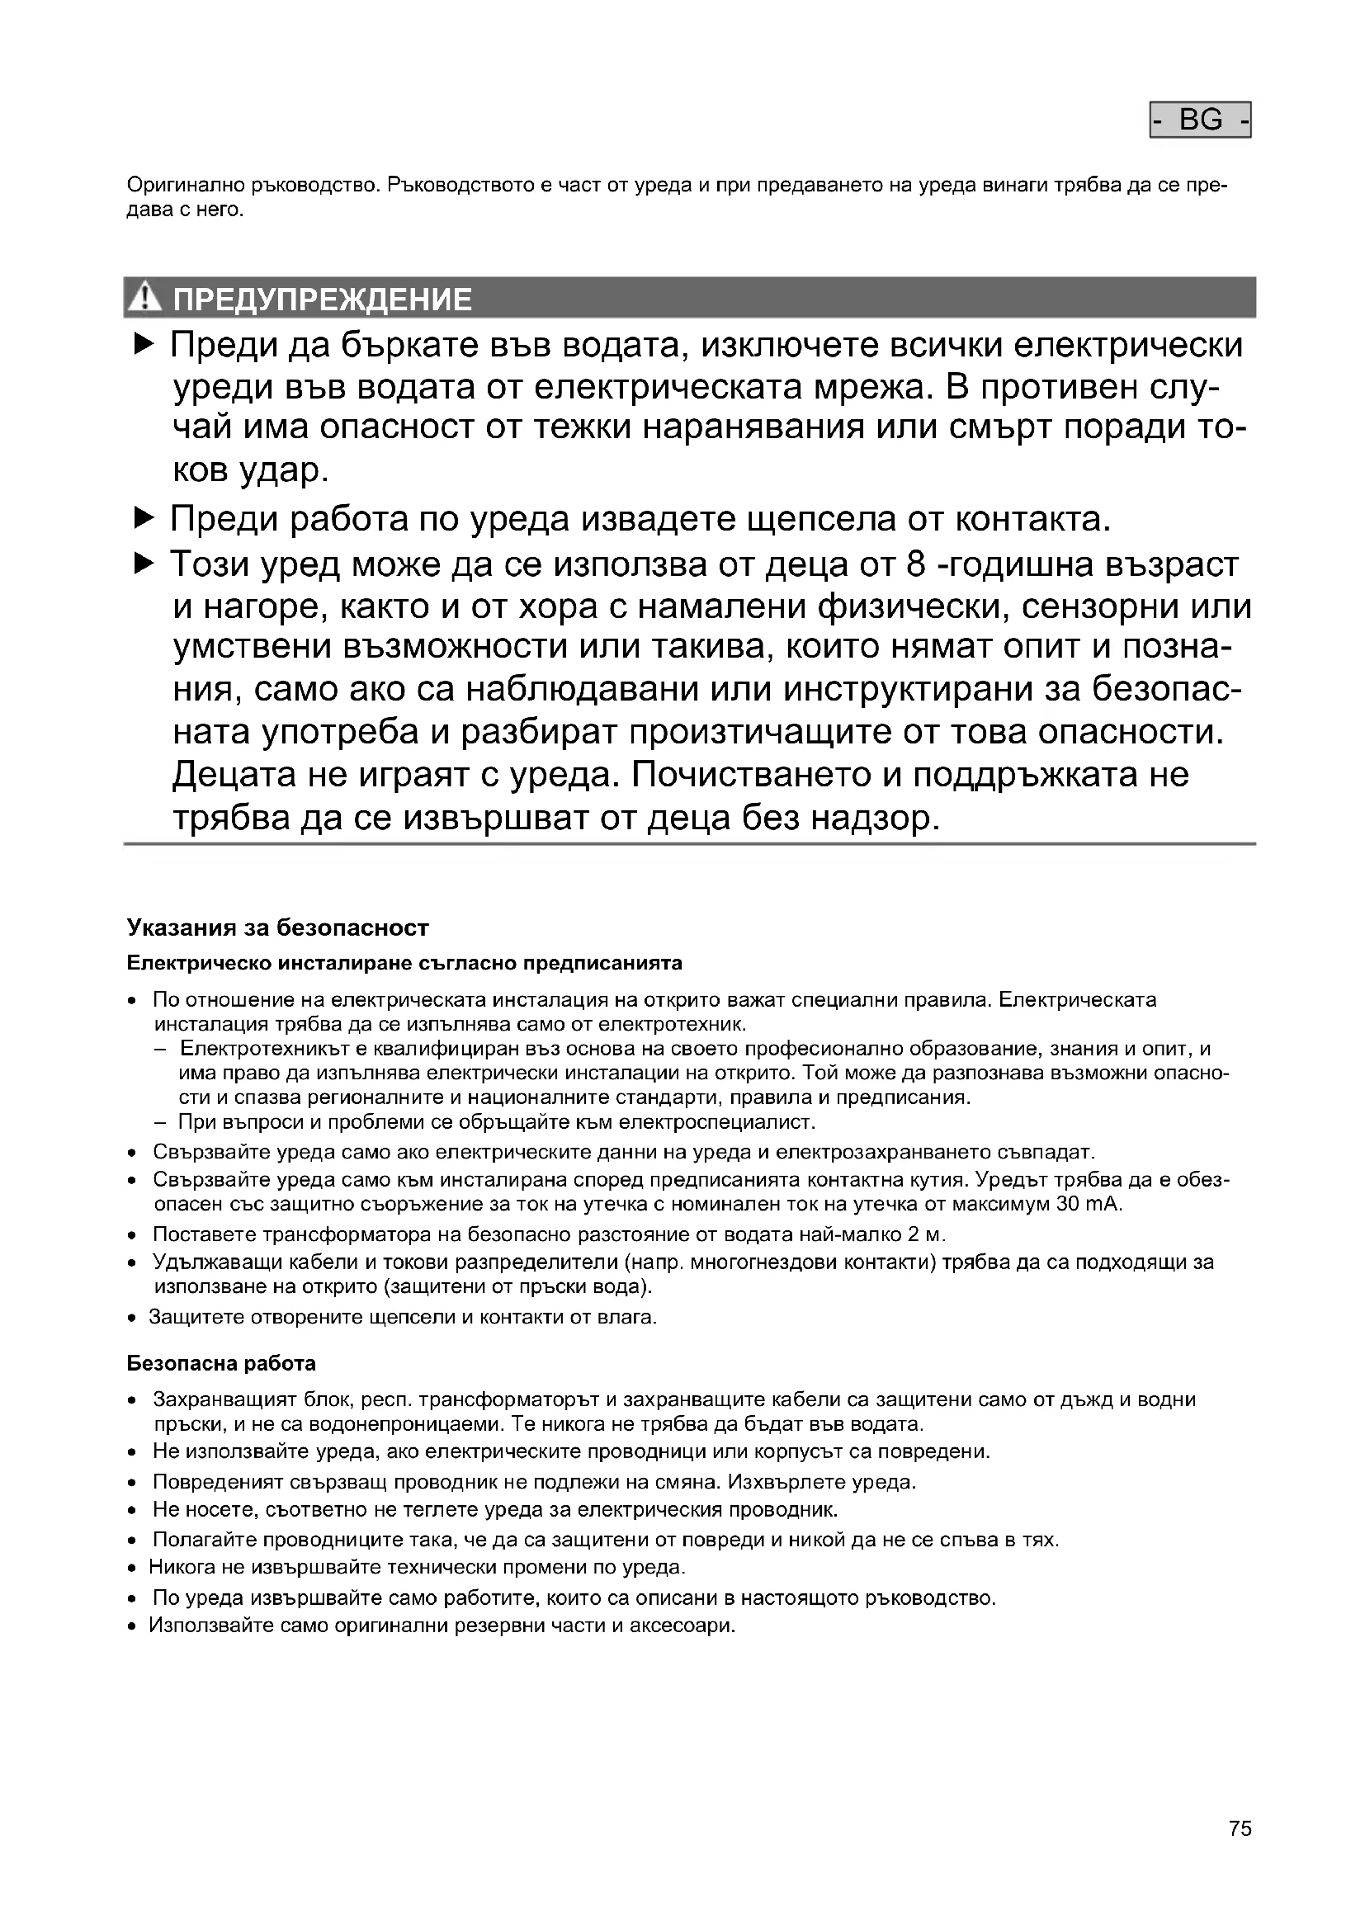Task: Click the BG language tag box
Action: pyautogui.click(x=1199, y=120)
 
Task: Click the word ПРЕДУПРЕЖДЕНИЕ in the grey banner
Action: pyautogui.click(x=322, y=300)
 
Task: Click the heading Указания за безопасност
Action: pyautogui.click(x=277, y=928)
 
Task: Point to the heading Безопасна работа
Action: pyautogui.click(x=221, y=1362)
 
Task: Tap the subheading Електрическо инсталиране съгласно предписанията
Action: pyautogui.click(x=404, y=962)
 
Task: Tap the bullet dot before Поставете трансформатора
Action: pyautogui.click(x=132, y=1237)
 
